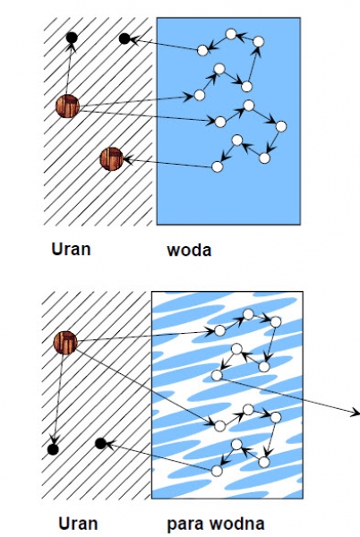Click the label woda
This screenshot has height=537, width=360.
pyautogui.click(x=189, y=250)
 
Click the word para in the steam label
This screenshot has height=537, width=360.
pyautogui.click(x=185, y=524)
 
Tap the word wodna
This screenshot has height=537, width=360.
pyautogui.click(x=237, y=524)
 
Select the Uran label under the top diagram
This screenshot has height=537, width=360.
pyautogui.click(x=71, y=249)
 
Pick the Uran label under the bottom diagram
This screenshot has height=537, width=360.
pyautogui.click(x=78, y=524)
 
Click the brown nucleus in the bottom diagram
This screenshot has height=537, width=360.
pyautogui.click(x=65, y=343)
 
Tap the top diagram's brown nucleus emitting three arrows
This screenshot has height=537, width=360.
pyautogui.click(x=67, y=107)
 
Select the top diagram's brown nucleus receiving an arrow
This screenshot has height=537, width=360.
pyautogui.click(x=111, y=159)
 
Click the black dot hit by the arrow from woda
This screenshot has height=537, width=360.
pyautogui.click(x=124, y=38)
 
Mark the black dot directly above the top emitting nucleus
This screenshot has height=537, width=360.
pyautogui.click(x=72, y=38)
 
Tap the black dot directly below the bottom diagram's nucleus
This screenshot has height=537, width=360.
pyautogui.click(x=53, y=449)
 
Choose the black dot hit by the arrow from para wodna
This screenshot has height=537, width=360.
pyautogui.click(x=100, y=444)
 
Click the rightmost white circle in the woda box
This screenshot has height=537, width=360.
pyautogui.click(x=281, y=126)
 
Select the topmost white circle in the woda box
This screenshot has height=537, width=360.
pyautogui.click(x=231, y=34)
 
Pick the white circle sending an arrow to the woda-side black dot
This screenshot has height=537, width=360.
pyautogui.click(x=202, y=50)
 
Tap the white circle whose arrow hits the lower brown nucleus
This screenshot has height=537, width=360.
pyautogui.click(x=218, y=166)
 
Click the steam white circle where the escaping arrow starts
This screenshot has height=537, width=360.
pyautogui.click(x=217, y=375)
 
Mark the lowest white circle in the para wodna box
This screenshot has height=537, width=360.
pyautogui.click(x=217, y=472)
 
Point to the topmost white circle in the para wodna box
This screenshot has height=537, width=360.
pyautogui.click(x=248, y=314)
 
